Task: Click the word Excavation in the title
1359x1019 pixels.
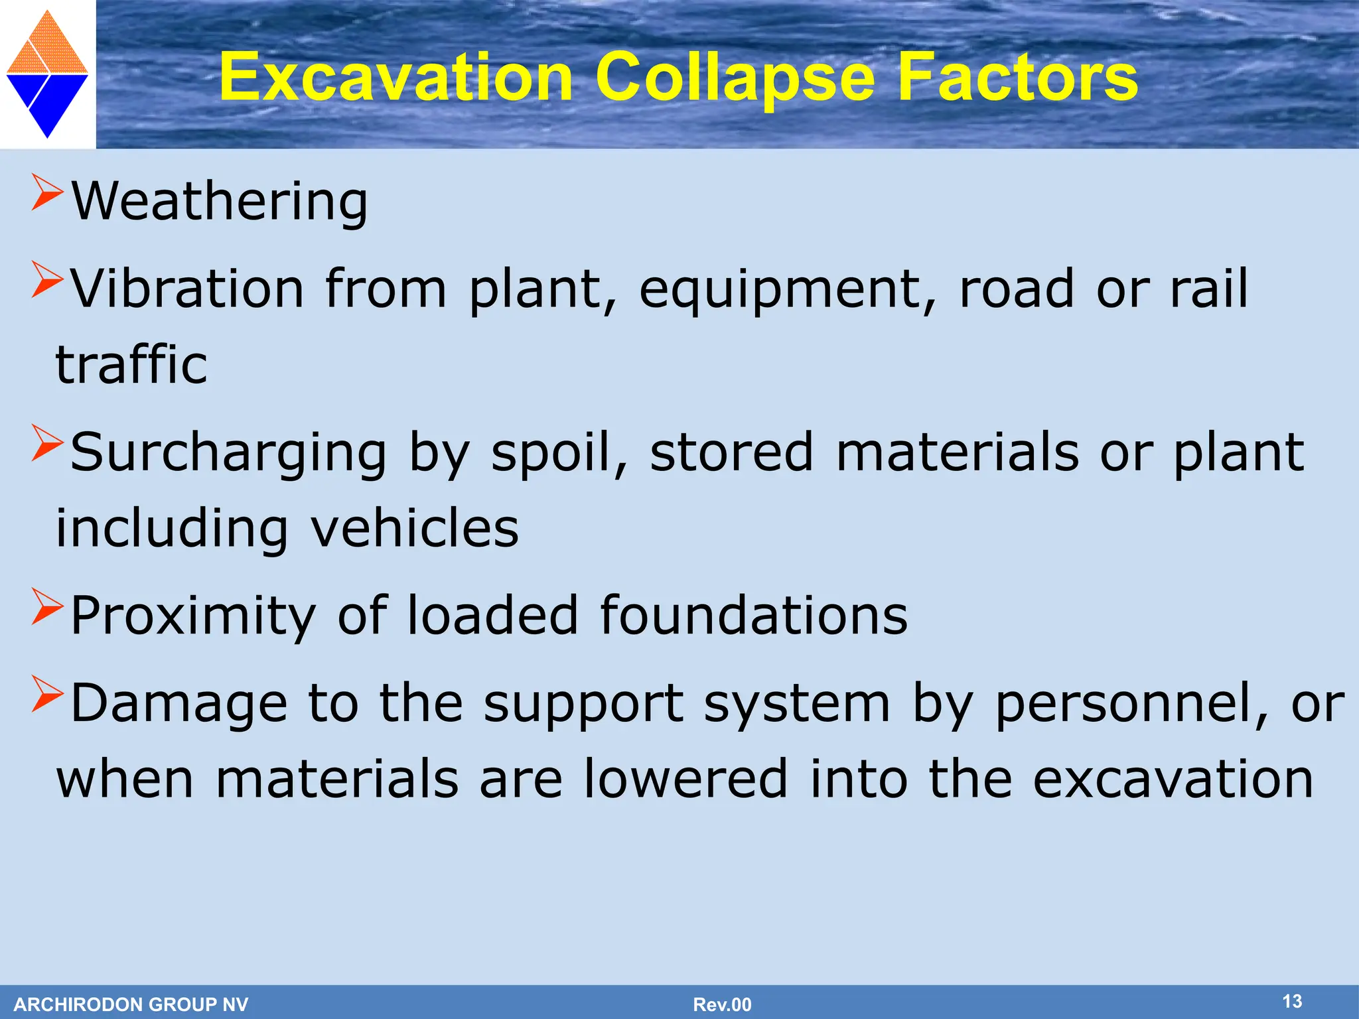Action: (x=396, y=78)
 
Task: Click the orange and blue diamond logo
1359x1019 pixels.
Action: (x=47, y=74)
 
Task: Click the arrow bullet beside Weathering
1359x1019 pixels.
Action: (x=46, y=193)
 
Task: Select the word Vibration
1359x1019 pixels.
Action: (x=187, y=289)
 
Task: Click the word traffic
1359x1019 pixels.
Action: (x=131, y=365)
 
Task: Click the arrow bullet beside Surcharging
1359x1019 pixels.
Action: (x=46, y=444)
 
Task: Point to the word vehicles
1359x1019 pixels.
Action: (x=415, y=528)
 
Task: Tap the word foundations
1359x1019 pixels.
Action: (x=753, y=616)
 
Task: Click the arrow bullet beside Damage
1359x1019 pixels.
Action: (x=46, y=694)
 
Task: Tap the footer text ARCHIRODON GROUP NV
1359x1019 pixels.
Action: (x=131, y=1004)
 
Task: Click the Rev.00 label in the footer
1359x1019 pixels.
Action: (x=722, y=1004)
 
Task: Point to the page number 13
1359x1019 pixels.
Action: (x=1291, y=1001)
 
